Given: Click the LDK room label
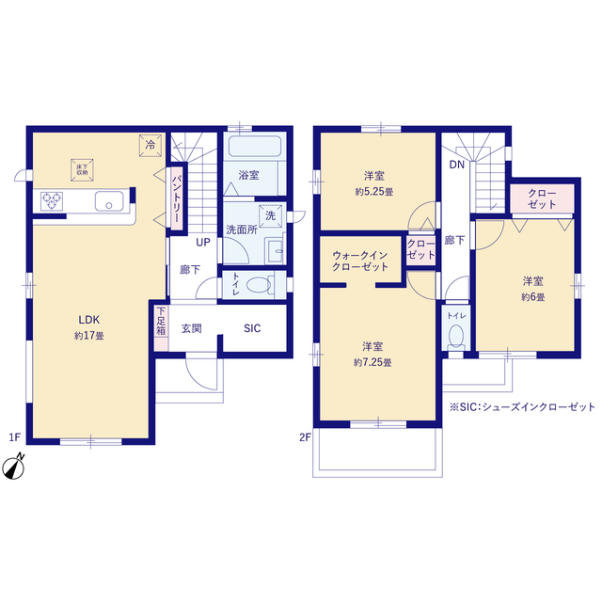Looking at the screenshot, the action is click(89, 320).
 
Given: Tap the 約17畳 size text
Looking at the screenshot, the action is click(89, 336).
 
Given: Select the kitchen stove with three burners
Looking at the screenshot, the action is click(52, 201).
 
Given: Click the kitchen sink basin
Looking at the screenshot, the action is click(109, 201).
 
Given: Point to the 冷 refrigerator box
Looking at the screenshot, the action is click(150, 146).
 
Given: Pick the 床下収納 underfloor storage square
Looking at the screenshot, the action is click(82, 169).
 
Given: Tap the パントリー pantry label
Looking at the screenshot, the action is click(177, 198).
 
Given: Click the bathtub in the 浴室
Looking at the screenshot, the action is click(255, 146).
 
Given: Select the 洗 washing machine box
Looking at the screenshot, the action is click(270, 216).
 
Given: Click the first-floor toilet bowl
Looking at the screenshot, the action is click(259, 285).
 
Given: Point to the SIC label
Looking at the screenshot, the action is click(252, 328).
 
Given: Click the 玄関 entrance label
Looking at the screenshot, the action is click(191, 328).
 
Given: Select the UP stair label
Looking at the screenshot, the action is click(203, 243).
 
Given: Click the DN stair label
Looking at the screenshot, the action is click(457, 165).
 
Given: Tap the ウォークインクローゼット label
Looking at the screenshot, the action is click(360, 261).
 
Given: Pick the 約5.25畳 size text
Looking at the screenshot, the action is click(374, 192).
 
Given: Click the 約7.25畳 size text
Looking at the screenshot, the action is click(372, 362).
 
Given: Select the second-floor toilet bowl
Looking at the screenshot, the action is click(455, 336).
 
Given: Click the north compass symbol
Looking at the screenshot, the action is click(14, 467).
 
